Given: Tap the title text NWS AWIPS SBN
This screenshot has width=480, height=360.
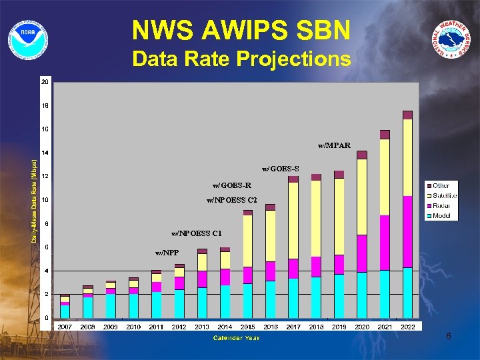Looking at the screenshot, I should click(x=241, y=30).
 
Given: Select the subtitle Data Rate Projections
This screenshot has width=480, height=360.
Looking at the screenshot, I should click(x=241, y=59).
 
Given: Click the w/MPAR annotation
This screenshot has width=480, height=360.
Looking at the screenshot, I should click(x=334, y=145).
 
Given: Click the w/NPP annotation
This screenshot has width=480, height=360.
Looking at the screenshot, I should click(x=167, y=253).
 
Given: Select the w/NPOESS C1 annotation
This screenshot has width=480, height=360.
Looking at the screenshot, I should click(x=196, y=233).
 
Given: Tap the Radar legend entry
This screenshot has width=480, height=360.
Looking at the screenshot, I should click(x=441, y=206).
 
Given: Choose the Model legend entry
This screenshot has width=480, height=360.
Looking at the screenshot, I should click(x=441, y=215).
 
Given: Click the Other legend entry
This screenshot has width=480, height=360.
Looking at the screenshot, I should click(x=440, y=186).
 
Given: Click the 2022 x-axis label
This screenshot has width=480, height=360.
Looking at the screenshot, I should click(x=407, y=327).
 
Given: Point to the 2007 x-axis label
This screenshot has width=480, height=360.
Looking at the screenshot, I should click(x=65, y=327).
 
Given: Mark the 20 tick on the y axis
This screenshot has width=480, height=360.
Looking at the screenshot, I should click(x=45, y=82).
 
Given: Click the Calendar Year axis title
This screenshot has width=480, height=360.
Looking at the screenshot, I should click(x=237, y=338).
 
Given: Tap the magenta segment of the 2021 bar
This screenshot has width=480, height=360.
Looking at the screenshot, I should click(x=385, y=243).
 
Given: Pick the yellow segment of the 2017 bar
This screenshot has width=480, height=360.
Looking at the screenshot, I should click(x=293, y=220).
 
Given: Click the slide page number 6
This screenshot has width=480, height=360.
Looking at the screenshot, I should click(x=449, y=337).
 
